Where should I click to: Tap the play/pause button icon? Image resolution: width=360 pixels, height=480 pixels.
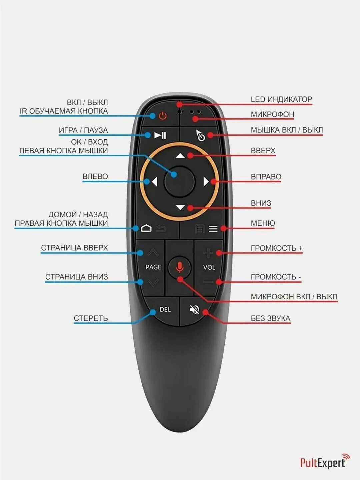tap(160, 135)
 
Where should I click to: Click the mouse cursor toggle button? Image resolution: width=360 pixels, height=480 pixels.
tap(200, 135)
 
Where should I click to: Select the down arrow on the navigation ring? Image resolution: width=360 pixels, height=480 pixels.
tap(180, 207)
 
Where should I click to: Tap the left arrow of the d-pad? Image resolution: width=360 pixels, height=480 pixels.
tap(154, 182)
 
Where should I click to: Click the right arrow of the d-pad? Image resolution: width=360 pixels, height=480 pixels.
tap(206, 182)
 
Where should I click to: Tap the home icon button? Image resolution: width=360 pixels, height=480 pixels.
tap(146, 228)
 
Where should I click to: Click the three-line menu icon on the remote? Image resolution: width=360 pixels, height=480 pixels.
tap(213, 229)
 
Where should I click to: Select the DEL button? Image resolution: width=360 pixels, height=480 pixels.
tap(165, 310)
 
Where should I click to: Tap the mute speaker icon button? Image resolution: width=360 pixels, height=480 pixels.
tap(194, 310)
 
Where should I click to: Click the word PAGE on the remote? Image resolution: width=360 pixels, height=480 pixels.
tap(153, 267)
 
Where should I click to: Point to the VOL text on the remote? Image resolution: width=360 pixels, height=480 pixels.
tap(209, 267)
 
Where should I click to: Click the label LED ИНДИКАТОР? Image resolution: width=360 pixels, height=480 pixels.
tap(281, 99)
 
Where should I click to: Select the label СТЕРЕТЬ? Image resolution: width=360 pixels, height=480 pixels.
tap(91, 318)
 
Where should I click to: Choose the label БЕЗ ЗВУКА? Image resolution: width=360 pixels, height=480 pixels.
tap(270, 318)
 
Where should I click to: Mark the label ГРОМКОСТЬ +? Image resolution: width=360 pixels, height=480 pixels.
tap(276, 248)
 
